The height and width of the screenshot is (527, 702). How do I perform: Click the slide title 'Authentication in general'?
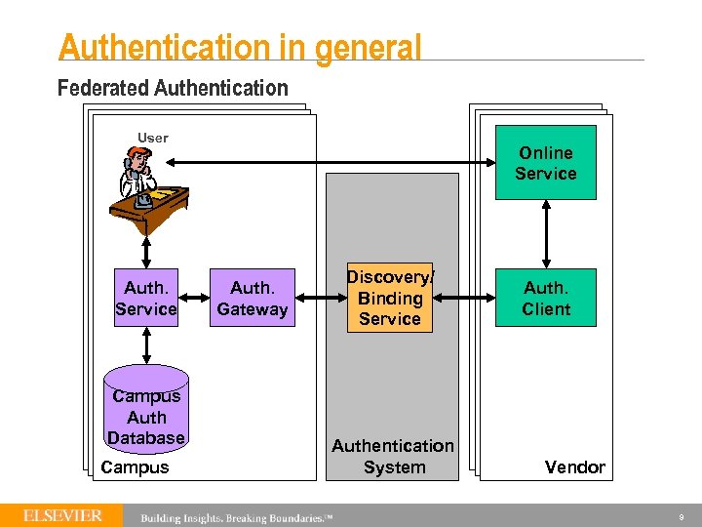pyautogui.click(x=240, y=47)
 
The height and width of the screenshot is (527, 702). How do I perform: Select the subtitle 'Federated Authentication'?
pyautogui.click(x=173, y=89)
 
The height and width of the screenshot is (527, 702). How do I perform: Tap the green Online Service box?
pyautogui.click(x=545, y=163)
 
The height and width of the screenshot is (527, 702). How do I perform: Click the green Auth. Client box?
pyautogui.click(x=545, y=298)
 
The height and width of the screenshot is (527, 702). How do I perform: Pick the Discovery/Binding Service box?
pyautogui.click(x=389, y=298)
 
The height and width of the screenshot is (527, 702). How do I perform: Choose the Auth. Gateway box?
pyautogui.click(x=253, y=299)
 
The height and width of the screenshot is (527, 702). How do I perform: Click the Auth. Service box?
pyautogui.click(x=145, y=298)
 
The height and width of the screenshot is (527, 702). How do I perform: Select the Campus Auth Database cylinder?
pyautogui.click(x=145, y=410)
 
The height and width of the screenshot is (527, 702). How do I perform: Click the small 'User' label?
pyautogui.click(x=152, y=138)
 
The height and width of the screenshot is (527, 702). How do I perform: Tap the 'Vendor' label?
pyautogui.click(x=574, y=467)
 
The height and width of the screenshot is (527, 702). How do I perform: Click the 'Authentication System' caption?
pyautogui.click(x=393, y=456)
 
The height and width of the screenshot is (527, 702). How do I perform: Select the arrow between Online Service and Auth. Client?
pyautogui.click(x=546, y=234)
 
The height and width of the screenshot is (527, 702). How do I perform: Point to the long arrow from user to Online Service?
pyautogui.click(x=331, y=174)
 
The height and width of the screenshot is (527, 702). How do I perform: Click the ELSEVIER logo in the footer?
pyautogui.click(x=62, y=515)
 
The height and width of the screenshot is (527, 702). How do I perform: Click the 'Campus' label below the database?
pyautogui.click(x=135, y=467)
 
